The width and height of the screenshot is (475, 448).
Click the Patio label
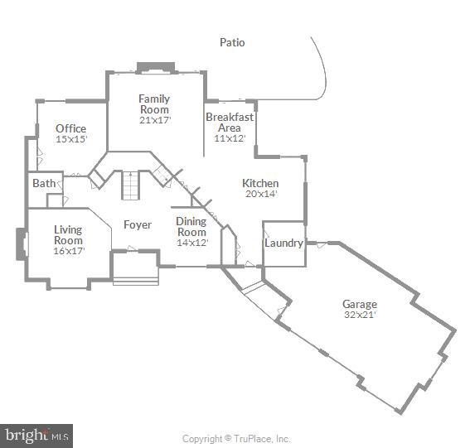(232, 42)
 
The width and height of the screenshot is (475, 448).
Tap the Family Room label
(154, 104)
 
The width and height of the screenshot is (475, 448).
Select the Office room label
(70, 128)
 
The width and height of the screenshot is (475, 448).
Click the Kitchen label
(259, 183)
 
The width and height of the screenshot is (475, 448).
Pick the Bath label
(43, 183)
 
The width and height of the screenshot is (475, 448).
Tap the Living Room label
(68, 234)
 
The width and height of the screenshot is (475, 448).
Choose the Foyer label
(137, 224)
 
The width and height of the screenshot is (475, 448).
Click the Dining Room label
(191, 226)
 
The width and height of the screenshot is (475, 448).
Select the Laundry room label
(282, 243)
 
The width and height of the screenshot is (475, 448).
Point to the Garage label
(359, 305)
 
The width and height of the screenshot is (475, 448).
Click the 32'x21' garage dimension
(359, 315)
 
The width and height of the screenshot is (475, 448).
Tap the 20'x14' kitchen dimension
(259, 194)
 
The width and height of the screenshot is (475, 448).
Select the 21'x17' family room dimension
(154, 120)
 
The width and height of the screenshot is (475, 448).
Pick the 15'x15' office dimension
(70, 139)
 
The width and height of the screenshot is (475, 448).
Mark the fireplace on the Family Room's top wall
(155, 68)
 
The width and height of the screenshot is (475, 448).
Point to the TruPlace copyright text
(236, 439)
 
